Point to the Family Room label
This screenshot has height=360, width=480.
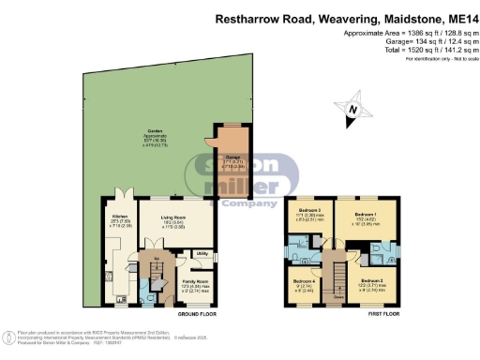(195, 282)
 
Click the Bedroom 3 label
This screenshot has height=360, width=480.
(309, 210)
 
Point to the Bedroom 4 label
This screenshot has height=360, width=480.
(304, 282)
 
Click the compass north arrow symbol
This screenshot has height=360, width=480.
(352, 111)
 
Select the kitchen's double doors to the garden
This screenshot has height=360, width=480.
(127, 198)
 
